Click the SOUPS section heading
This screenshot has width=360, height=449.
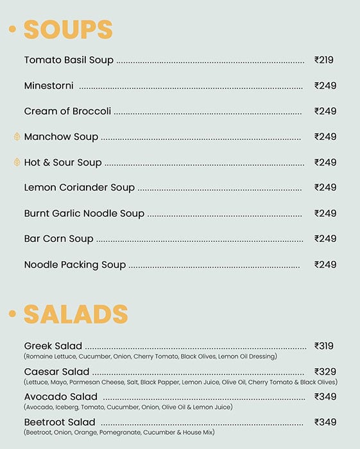(68, 30)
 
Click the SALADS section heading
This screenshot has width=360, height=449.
(76, 314)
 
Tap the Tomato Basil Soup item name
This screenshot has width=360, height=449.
(69, 60)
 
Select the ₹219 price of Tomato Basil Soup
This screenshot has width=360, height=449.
(324, 60)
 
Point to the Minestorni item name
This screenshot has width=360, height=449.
(49, 85)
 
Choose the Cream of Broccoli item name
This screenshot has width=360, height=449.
(67, 111)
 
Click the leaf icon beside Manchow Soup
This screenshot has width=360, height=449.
(17, 137)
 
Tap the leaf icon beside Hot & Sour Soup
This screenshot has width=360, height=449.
(17, 162)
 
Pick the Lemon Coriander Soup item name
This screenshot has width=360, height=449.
(80, 187)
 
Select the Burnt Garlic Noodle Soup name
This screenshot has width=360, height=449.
(84, 213)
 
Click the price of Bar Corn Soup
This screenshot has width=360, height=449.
(325, 239)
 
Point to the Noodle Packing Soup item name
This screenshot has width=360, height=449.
(75, 264)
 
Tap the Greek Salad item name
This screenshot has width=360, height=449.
(53, 346)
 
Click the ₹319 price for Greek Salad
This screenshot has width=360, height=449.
(324, 346)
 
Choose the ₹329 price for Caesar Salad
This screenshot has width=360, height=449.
(325, 371)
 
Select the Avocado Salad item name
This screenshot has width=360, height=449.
(61, 396)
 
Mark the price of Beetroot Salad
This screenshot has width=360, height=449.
(325, 422)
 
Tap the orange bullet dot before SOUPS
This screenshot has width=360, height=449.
(12, 30)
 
